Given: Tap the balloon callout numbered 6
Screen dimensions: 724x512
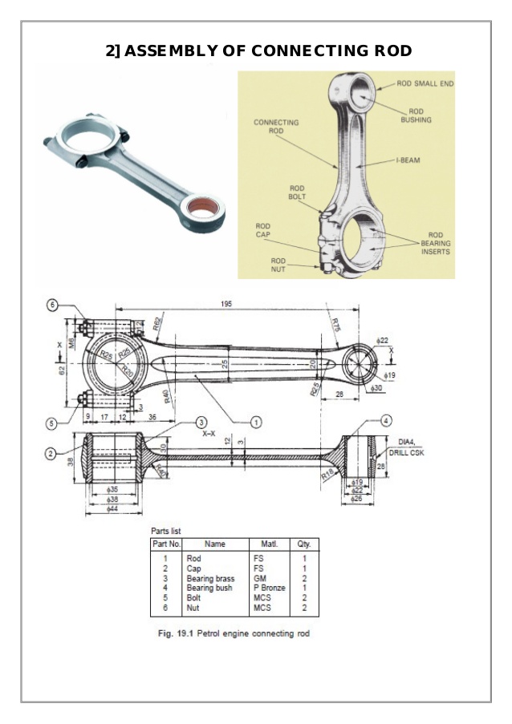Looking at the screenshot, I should [x=53, y=305].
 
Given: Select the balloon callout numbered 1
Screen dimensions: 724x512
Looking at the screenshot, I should [x=255, y=422].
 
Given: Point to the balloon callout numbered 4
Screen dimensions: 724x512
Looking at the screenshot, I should [x=386, y=421].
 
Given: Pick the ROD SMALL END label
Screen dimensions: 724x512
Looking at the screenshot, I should [x=425, y=83].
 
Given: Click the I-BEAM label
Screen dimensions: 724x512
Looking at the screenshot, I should [x=407, y=160].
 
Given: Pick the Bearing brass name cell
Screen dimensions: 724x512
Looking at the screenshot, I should [x=210, y=578].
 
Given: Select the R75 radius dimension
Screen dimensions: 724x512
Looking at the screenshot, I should [x=335, y=324].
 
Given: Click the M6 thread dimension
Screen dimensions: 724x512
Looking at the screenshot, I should [x=71, y=342].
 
